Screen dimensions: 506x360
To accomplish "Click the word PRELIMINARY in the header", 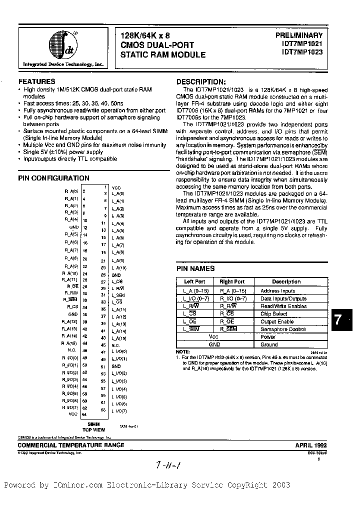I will point(299,35).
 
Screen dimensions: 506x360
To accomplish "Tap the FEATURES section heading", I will point(36,81).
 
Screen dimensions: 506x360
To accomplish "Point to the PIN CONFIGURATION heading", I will point(53,178).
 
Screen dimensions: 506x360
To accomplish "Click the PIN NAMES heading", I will point(195,268).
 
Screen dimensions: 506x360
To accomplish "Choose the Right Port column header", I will point(232,282).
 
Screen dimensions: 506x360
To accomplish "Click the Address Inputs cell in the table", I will point(277,291).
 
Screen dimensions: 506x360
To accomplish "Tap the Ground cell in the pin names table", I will point(269,344).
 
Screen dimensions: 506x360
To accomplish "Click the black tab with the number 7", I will point(341,320).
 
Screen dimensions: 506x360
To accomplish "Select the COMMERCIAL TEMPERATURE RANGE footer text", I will point(71,445).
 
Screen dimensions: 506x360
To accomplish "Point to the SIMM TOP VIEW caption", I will point(93,426).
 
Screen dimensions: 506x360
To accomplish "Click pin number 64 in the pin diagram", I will point(84,414).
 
